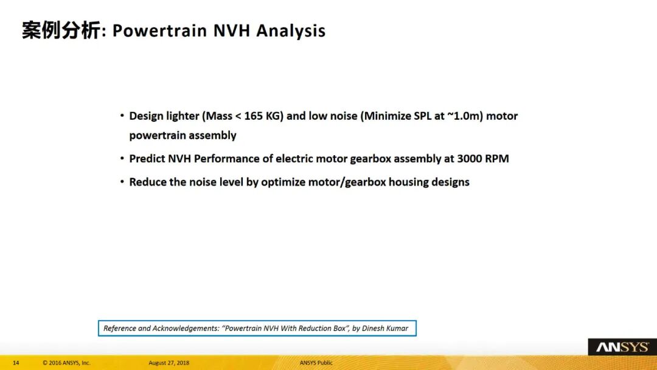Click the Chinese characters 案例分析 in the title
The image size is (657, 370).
pyautogui.click(x=61, y=30)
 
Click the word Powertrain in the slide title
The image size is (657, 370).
pyautogui.click(x=159, y=31)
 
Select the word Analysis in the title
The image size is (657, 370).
pyautogui.click(x=291, y=31)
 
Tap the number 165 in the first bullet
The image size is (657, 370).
pyautogui.click(x=253, y=116)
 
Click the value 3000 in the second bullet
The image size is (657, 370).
pyautogui.click(x=469, y=159)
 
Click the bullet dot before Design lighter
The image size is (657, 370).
pyautogui.click(x=122, y=115)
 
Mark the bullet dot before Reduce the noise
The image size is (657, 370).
pyautogui.click(x=122, y=181)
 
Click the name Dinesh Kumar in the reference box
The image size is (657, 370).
pyautogui.click(x=385, y=329)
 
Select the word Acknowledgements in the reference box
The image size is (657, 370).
pyautogui.click(x=186, y=329)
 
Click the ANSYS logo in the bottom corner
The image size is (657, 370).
pyautogui.click(x=622, y=347)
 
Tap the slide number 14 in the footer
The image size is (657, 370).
pyautogui.click(x=16, y=363)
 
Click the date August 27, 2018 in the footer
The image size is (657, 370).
pyautogui.click(x=169, y=363)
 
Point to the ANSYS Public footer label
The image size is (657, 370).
pyautogui.click(x=316, y=363)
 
